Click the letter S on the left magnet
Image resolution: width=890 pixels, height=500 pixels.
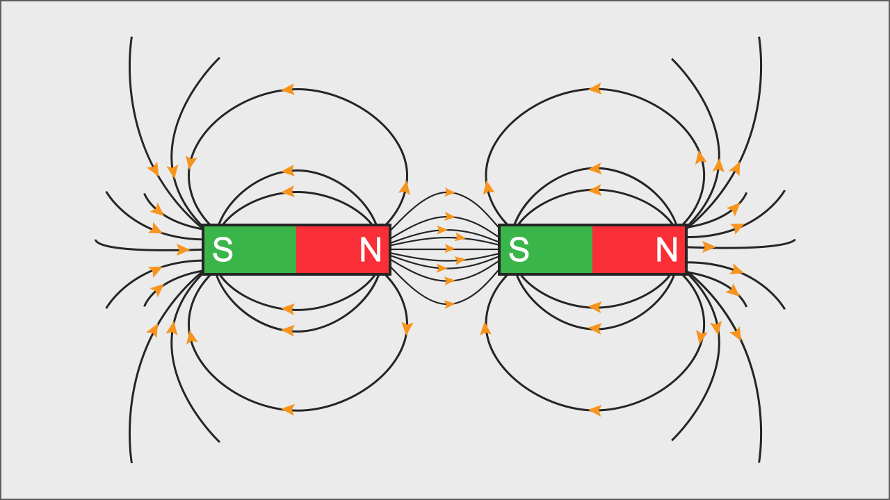(x=222, y=250)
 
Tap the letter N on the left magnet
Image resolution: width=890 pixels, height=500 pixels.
(x=370, y=250)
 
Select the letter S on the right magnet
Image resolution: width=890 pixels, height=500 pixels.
(x=519, y=250)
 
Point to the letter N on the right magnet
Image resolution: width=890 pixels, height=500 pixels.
(x=667, y=250)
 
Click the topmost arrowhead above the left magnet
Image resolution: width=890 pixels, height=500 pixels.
(x=287, y=89)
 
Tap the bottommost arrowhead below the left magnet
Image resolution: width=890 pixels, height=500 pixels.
(x=287, y=410)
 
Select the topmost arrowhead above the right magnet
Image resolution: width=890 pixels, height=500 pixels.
(x=594, y=88)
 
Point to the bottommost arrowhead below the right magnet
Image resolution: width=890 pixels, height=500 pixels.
(x=594, y=410)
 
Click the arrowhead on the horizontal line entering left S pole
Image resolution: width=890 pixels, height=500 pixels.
(x=184, y=249)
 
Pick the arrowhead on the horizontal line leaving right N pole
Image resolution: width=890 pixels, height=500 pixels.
(x=709, y=247)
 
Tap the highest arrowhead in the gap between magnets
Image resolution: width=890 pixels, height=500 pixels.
(x=450, y=192)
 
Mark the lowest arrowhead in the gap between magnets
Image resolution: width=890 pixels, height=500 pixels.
(x=450, y=304)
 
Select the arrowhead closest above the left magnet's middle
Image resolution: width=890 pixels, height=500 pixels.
(x=287, y=191)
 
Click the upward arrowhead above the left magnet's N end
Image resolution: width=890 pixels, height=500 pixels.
(x=404, y=187)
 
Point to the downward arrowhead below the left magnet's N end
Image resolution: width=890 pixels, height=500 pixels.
(x=407, y=328)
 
